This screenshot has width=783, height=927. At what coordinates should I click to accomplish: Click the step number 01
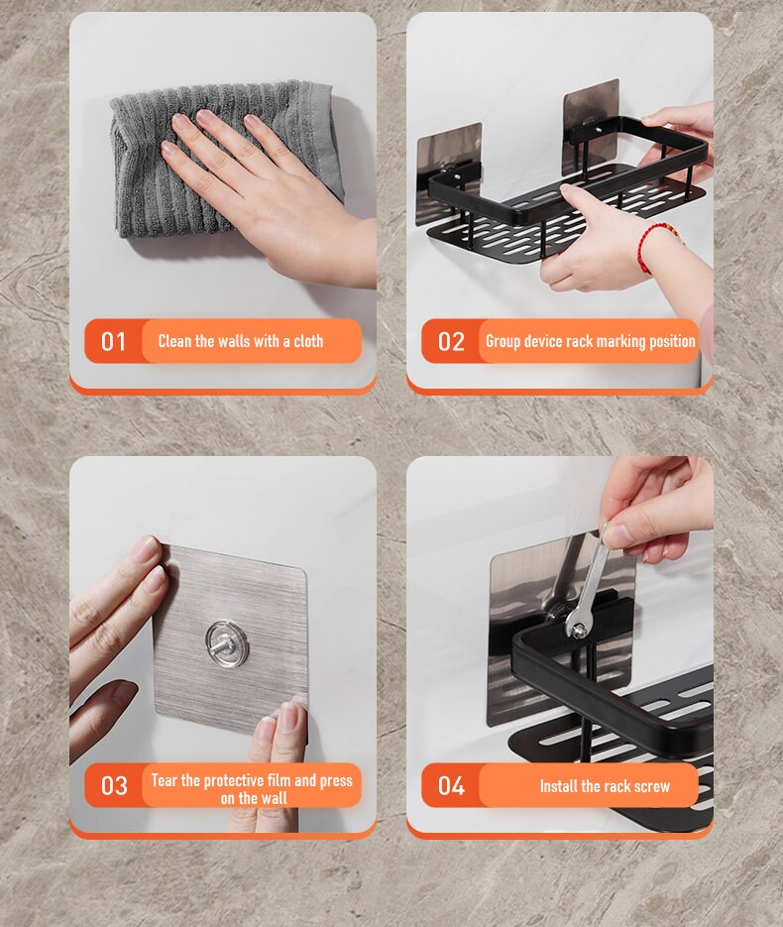[x=114, y=342]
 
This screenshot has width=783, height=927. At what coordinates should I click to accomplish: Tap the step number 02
[x=451, y=342]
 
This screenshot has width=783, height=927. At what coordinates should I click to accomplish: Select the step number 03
[x=114, y=786]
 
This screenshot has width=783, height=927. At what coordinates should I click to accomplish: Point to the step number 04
[x=451, y=786]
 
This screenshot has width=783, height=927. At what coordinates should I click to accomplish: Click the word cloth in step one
[x=307, y=341]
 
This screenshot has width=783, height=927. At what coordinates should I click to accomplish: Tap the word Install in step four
[x=562, y=786]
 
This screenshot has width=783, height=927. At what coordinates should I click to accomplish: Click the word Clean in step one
[x=174, y=341]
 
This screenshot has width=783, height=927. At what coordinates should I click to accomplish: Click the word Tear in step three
[x=165, y=780]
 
